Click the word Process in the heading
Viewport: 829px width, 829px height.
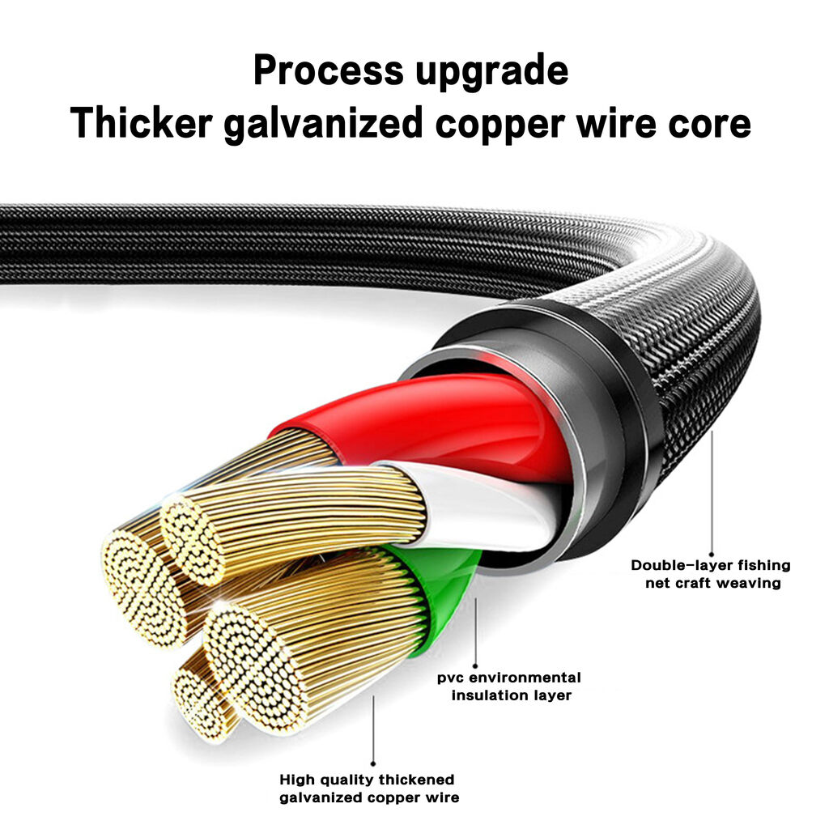point(329,70)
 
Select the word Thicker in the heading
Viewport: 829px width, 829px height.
point(142,123)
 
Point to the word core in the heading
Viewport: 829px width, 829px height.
point(709,125)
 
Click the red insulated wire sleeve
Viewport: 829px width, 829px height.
point(449,418)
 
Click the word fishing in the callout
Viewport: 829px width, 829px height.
point(764,566)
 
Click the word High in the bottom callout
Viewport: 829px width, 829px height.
point(296,780)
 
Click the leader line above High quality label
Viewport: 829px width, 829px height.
point(373,730)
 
